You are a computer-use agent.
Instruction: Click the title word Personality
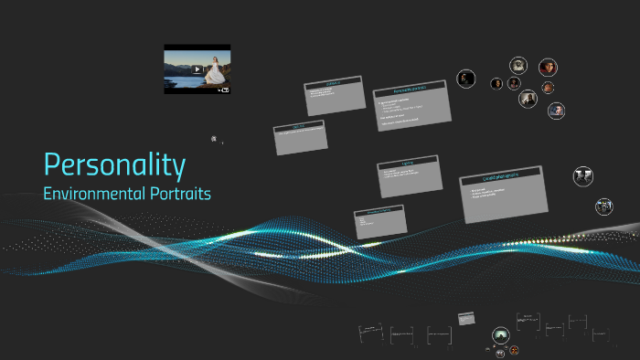(114, 164)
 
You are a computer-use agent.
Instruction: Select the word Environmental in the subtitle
(90, 194)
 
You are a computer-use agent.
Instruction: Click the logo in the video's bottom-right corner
(222, 89)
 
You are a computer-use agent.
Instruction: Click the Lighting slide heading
(407, 164)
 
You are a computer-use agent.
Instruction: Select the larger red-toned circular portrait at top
(548, 67)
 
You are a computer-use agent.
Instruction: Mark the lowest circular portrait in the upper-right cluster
(556, 111)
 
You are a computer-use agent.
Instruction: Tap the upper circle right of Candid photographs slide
(582, 175)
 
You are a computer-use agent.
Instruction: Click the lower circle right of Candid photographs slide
(603, 206)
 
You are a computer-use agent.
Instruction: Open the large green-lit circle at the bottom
(500, 336)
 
